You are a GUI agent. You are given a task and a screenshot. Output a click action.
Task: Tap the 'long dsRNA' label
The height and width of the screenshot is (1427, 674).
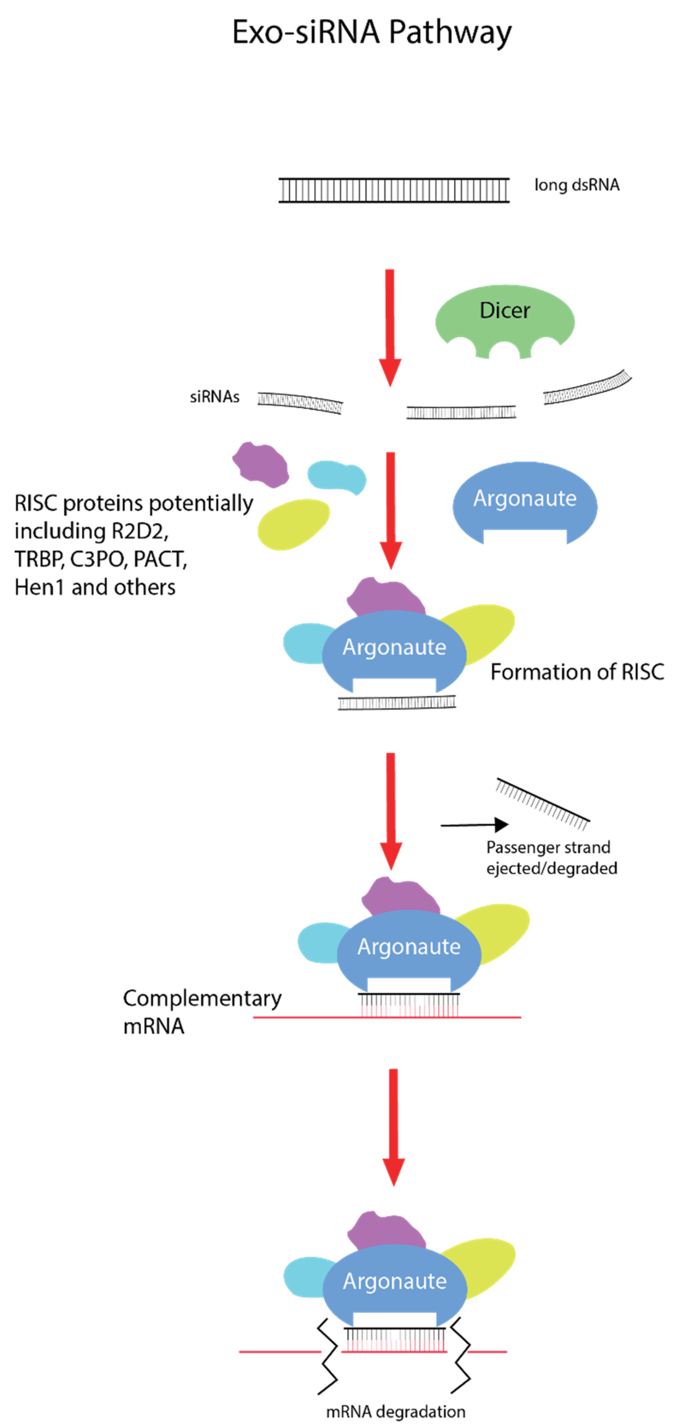[x=576, y=185]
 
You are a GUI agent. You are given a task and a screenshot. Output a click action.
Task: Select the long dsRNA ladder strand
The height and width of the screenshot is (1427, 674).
[x=394, y=190]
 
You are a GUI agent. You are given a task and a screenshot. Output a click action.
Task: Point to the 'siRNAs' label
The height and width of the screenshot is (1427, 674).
[x=214, y=397]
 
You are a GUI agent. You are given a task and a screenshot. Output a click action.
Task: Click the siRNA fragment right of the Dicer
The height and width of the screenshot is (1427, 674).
[x=587, y=387]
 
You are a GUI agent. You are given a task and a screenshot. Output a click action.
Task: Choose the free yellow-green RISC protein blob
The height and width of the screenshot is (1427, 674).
[x=294, y=524]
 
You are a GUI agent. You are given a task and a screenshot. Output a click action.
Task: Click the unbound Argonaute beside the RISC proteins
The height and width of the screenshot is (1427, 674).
[x=524, y=502]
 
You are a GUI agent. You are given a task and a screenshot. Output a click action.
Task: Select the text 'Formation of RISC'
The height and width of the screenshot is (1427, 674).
[x=577, y=672]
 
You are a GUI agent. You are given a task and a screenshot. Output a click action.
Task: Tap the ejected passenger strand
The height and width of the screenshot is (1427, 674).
[x=543, y=803]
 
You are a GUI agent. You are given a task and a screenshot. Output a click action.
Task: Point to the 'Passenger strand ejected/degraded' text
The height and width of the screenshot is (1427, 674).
[x=551, y=858]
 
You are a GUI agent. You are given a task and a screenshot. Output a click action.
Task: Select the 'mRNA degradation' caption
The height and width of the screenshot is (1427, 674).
[x=395, y=1411]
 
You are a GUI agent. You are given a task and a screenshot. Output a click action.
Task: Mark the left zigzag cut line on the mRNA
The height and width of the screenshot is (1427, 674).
[x=328, y=1356]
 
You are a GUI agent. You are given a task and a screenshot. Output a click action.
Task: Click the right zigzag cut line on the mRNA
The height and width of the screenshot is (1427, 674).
[x=461, y=1356]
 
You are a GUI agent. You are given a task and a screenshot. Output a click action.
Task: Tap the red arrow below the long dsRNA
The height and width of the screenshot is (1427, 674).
[x=390, y=328]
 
